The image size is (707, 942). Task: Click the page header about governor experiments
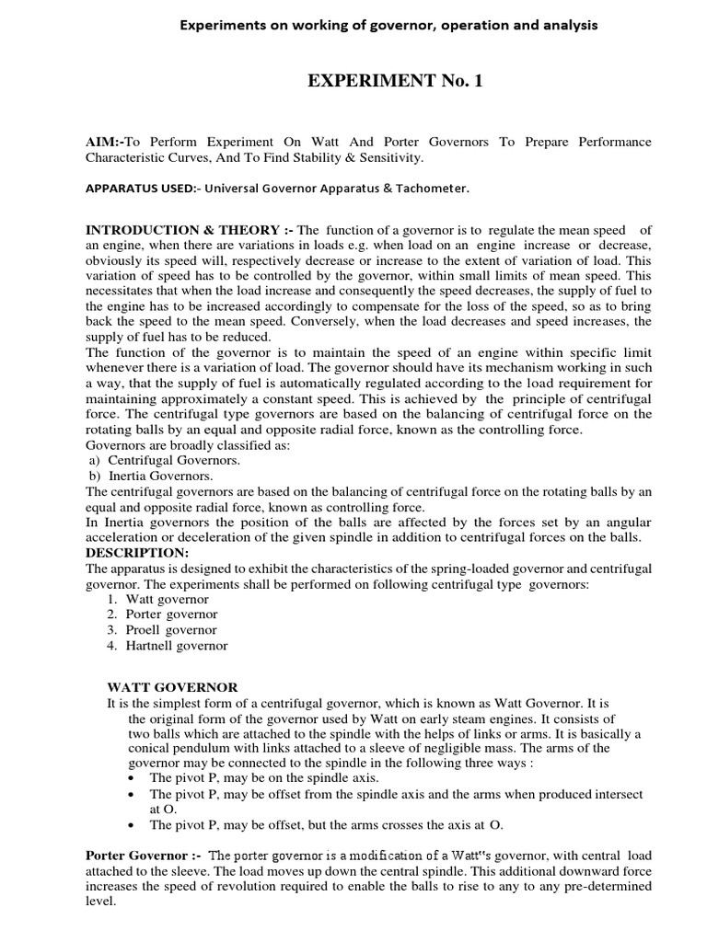point(388,25)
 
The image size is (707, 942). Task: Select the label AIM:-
point(104,142)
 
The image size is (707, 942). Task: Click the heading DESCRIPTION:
point(136,552)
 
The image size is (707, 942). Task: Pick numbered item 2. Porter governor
point(162,614)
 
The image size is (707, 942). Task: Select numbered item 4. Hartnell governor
point(167,646)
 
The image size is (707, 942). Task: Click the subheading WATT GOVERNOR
point(173,687)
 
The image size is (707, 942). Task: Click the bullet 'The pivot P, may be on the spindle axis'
point(251,777)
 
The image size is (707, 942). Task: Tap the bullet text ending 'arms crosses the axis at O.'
point(327,824)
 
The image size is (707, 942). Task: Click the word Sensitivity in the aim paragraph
point(388,158)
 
